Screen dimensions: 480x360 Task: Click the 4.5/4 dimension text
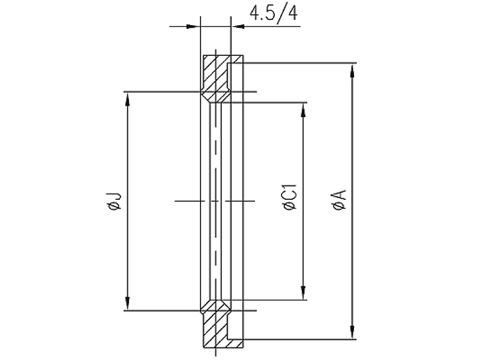tap(274, 14)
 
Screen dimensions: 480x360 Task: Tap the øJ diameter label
tap(113, 202)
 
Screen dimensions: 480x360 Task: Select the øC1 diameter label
tap(290, 197)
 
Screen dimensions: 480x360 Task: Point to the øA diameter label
tap(339, 200)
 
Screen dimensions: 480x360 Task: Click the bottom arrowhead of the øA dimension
tap(353, 331)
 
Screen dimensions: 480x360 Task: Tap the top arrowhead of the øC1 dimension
tap(303, 110)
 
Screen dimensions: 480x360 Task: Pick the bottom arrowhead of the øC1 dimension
tap(303, 292)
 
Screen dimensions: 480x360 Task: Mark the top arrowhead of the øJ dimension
tap(128, 100)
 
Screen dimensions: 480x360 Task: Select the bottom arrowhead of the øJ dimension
tap(128, 303)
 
